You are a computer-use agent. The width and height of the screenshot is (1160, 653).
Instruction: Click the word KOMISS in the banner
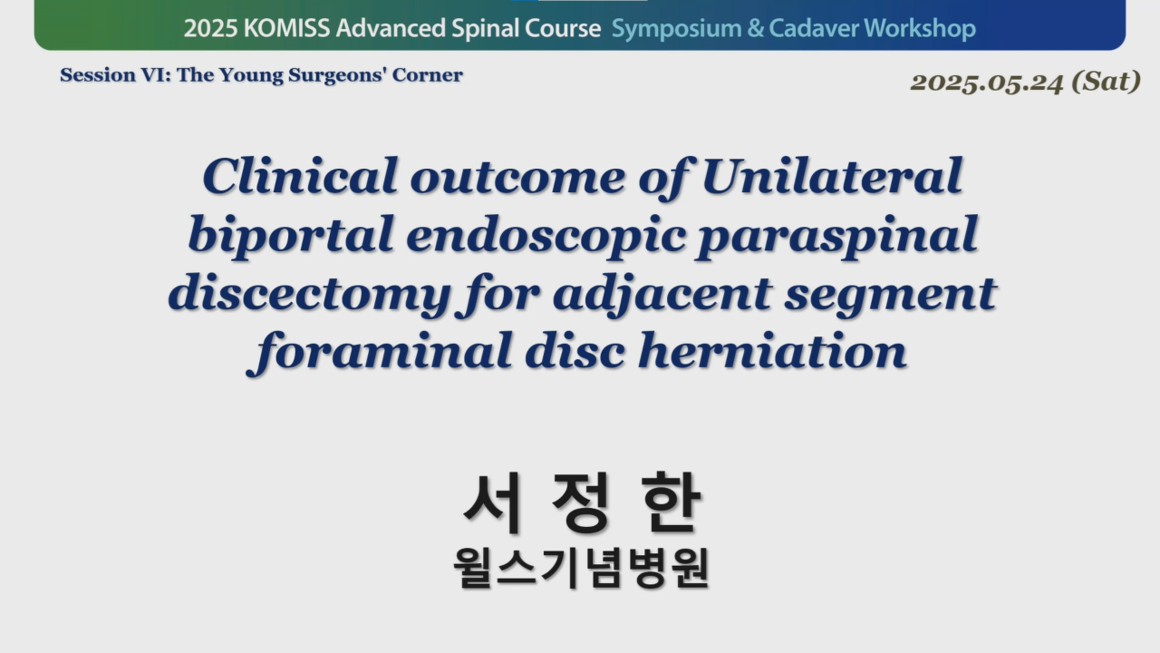click(286, 28)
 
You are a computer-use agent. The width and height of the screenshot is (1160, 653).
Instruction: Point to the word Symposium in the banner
click(676, 29)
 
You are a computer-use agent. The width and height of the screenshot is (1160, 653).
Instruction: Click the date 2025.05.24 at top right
click(987, 83)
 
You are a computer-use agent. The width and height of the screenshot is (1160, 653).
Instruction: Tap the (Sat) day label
click(1107, 82)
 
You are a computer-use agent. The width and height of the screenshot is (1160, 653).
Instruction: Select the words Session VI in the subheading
click(115, 75)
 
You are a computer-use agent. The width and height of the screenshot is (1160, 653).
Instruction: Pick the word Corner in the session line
click(427, 75)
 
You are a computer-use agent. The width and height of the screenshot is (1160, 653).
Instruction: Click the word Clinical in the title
click(300, 176)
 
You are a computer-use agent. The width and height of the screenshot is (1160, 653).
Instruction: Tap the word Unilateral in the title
click(832, 176)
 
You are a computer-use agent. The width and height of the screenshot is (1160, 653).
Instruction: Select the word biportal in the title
click(291, 236)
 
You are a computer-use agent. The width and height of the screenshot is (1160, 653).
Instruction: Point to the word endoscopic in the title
click(546, 236)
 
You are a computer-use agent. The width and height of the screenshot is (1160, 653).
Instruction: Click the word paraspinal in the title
click(836, 236)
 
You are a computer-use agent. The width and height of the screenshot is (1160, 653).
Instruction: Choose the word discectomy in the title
click(309, 295)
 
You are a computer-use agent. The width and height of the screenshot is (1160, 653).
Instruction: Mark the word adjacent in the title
click(662, 295)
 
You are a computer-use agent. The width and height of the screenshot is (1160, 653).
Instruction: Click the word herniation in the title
click(772, 351)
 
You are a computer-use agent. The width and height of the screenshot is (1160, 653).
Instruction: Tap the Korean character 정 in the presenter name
click(580, 502)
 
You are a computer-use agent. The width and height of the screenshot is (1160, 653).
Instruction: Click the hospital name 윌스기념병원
click(581, 568)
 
